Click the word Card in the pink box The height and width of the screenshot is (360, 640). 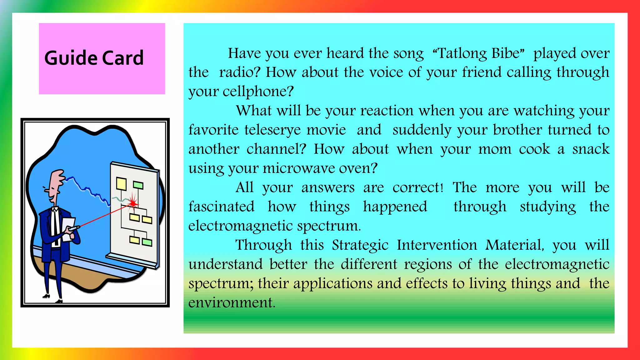[x=123, y=58]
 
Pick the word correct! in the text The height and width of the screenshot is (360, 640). [x=418, y=187]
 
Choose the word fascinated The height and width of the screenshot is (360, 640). [x=221, y=207]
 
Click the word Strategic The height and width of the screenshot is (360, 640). [x=360, y=245]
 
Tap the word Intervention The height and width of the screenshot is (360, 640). [x=437, y=245]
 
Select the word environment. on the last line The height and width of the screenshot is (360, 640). [x=232, y=302]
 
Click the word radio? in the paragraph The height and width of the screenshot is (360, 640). [x=240, y=72]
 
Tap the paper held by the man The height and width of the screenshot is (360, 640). [x=67, y=228]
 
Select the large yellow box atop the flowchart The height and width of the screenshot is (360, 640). [x=121, y=183]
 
